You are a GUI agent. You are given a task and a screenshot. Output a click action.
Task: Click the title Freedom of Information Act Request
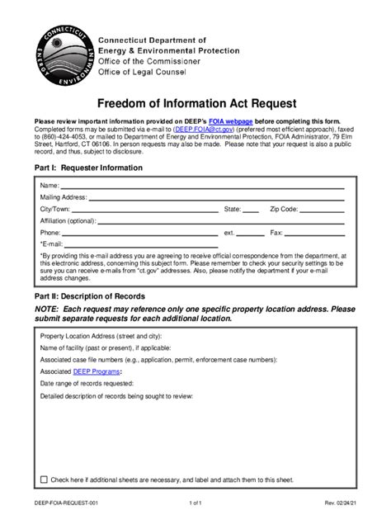tap(195, 105)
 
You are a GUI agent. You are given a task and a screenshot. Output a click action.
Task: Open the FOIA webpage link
tap(230, 121)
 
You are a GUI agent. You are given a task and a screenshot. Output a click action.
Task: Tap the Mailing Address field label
tap(63, 197)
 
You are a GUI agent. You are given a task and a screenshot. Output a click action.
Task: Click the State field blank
tap(251, 210)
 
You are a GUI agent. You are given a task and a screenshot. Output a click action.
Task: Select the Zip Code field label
tap(288, 210)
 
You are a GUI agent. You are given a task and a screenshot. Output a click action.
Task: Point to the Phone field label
tap(49, 233)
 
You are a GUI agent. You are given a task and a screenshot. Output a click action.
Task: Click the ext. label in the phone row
tap(229, 233)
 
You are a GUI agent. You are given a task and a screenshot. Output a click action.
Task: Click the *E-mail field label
tap(51, 244)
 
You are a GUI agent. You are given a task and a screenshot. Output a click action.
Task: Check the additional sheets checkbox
tap(44, 479)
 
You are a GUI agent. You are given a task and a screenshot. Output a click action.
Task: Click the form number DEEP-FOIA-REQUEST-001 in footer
tap(68, 502)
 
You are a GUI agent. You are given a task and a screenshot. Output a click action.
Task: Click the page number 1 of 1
tap(195, 502)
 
